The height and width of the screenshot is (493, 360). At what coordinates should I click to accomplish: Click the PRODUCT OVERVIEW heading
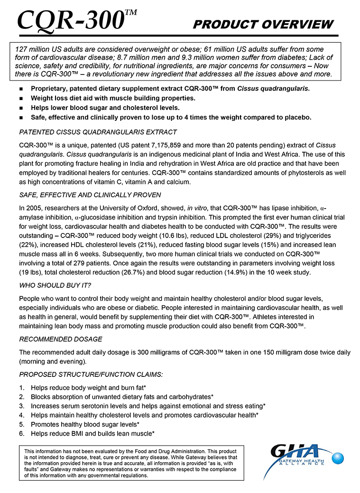tap(263, 25)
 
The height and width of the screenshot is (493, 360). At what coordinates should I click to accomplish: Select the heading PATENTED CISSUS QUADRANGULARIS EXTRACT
tap(98, 132)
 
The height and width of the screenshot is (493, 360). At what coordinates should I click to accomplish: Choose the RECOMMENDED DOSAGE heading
tap(60, 339)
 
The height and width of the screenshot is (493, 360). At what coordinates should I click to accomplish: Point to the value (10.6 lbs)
tap(167, 236)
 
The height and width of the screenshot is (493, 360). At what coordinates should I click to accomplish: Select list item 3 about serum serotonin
tap(148, 406)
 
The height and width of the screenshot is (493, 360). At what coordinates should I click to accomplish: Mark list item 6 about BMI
tap(92, 433)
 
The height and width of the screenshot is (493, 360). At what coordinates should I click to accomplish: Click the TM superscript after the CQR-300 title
tap(131, 12)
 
